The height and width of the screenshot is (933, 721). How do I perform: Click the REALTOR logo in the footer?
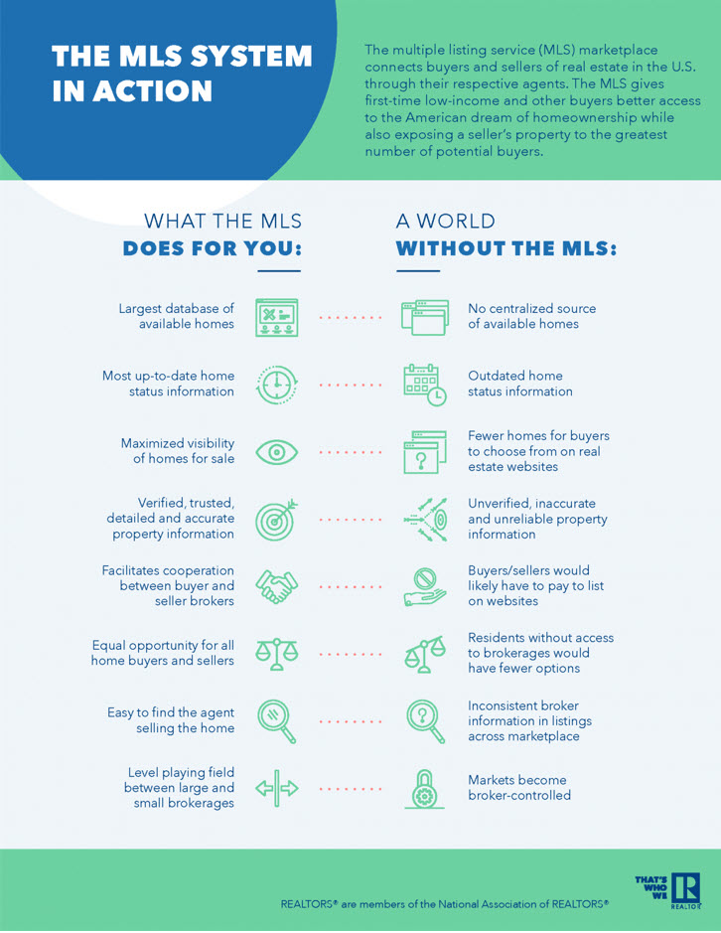tap(684, 890)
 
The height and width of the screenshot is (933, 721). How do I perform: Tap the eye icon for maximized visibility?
tap(277, 452)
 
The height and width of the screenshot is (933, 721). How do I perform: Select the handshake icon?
tap(277, 586)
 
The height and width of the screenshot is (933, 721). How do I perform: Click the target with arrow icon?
tap(277, 520)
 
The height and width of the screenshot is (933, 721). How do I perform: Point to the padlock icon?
tap(424, 789)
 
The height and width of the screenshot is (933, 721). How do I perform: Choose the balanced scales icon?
tap(277, 654)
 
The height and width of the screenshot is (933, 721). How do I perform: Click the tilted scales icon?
tap(424, 654)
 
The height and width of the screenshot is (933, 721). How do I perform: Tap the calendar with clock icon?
tap(424, 385)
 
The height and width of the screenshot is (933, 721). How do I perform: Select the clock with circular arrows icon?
tap(277, 385)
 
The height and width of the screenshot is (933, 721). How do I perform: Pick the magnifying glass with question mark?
tap(425, 721)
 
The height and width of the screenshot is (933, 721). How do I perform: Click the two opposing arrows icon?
tap(277, 789)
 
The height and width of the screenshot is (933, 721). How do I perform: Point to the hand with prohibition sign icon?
tap(425, 586)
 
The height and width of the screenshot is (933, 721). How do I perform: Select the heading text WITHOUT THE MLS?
tap(506, 248)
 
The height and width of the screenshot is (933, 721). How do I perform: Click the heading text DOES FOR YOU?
tap(213, 248)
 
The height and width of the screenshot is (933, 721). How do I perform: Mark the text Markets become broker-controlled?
tap(519, 787)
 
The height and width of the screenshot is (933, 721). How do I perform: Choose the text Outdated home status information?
tap(520, 384)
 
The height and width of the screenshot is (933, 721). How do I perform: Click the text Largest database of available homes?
tap(176, 316)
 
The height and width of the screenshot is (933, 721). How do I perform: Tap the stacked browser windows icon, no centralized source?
tap(425, 318)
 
